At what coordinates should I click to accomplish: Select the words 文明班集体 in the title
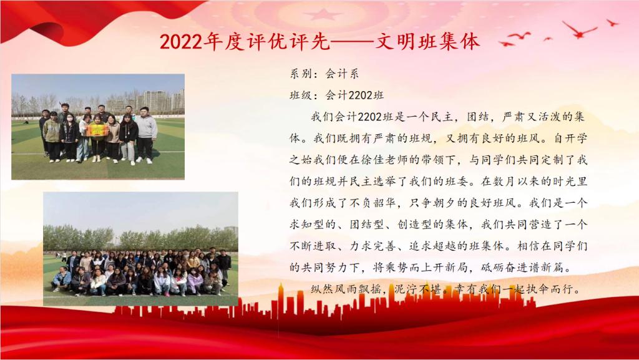(427, 42)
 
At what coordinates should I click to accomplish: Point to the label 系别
(300, 74)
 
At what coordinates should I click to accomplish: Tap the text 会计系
(342, 74)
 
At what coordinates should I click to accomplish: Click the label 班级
(300, 95)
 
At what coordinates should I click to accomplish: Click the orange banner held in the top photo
(97, 130)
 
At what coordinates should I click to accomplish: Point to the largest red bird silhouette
(580, 30)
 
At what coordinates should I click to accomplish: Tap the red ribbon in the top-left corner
(94, 18)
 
